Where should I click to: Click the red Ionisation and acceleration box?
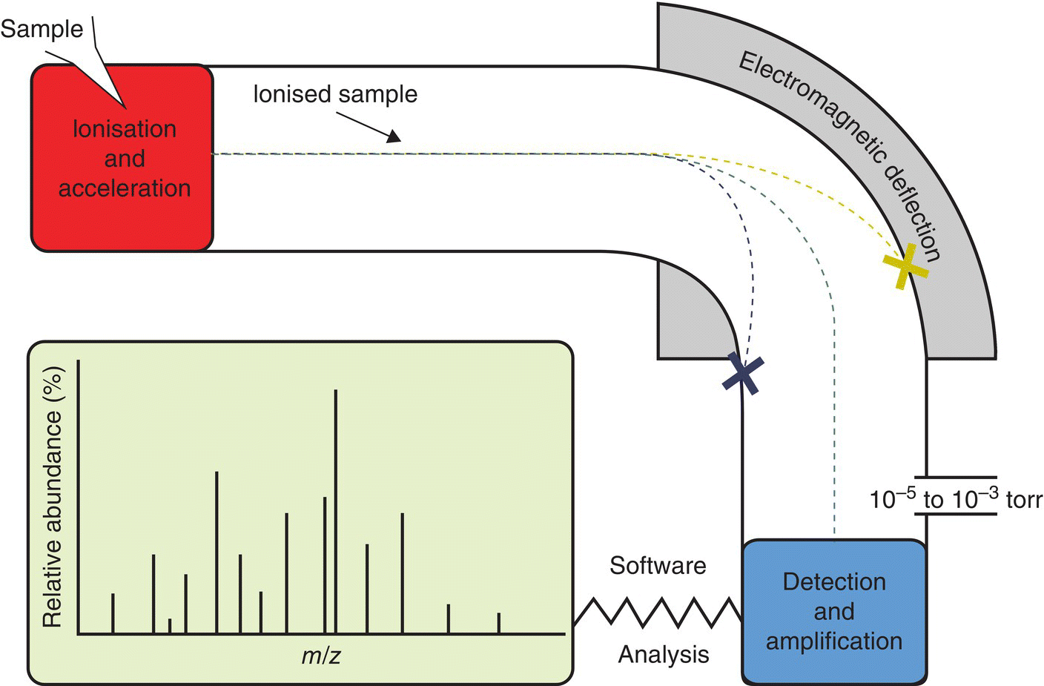122,158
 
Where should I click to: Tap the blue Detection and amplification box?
834,611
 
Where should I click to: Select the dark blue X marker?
743,373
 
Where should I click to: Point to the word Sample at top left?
42,29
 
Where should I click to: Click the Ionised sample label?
335,94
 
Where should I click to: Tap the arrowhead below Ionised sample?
393,136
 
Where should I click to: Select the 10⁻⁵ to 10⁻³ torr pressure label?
956,500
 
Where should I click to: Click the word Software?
658,566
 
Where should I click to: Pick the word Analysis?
664,654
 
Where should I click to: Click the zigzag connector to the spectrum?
657,612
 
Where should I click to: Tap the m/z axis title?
321,656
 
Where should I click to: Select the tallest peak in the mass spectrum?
336,512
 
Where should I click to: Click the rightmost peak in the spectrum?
498,624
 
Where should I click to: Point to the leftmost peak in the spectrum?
113,614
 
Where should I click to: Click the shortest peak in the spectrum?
170,627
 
